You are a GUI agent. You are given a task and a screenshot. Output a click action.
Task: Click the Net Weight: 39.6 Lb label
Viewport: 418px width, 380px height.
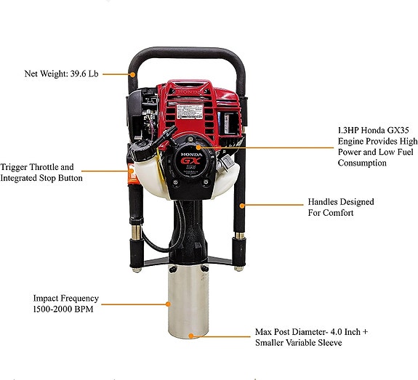click(x=61, y=73)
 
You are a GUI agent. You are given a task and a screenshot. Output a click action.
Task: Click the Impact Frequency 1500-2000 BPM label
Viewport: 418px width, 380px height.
click(x=65, y=304)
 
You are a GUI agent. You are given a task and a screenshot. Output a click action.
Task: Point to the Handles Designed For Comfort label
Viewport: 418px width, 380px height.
click(x=340, y=207)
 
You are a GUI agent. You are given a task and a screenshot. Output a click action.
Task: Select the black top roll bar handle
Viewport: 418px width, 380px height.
click(x=185, y=54)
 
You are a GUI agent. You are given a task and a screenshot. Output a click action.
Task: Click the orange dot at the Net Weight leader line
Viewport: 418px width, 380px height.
click(x=132, y=73)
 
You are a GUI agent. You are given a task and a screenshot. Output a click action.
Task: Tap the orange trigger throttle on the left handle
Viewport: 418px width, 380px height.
click(x=132, y=172)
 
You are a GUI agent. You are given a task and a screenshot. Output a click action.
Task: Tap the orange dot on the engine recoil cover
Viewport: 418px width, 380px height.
click(x=198, y=147)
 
